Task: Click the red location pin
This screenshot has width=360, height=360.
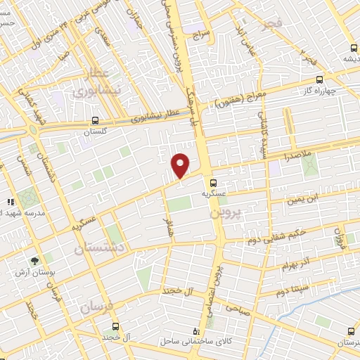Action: [181, 165]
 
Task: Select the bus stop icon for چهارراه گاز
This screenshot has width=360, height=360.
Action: [319, 80]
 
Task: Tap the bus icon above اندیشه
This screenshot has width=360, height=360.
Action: [354, 49]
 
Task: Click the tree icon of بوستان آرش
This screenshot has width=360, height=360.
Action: [34, 261]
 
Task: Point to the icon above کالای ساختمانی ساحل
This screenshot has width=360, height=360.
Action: [196, 330]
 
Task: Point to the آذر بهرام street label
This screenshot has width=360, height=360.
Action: [295, 264]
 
